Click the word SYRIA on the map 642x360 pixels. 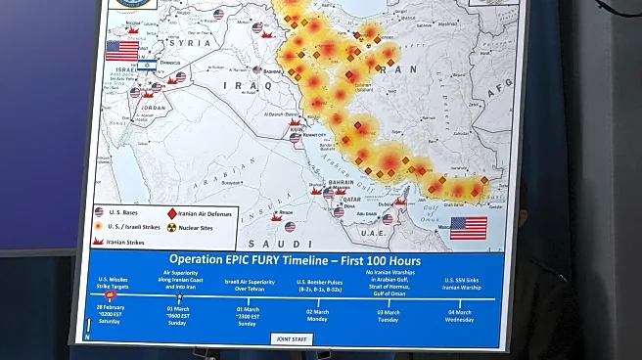(x=190, y=44)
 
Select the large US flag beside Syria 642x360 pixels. (x=122, y=50)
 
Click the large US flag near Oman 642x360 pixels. (x=468, y=228)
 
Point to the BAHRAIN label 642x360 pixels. (x=340, y=181)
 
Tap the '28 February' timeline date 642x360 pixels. (x=111, y=307)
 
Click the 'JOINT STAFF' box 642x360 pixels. (x=293, y=338)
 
